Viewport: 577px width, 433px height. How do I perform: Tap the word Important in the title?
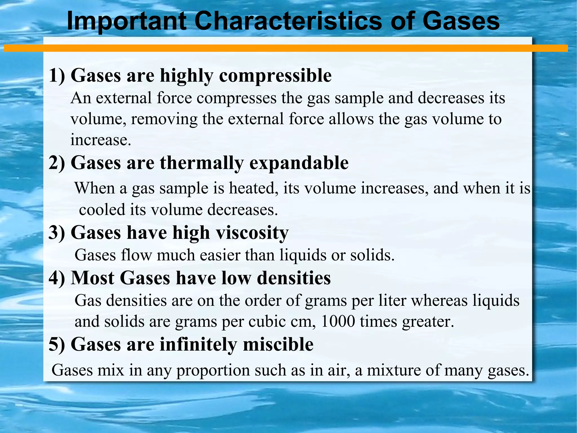(x=127, y=22)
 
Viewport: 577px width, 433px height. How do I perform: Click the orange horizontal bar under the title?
(x=286, y=48)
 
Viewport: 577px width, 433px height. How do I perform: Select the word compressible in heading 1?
(x=275, y=76)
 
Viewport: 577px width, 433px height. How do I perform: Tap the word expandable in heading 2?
(x=299, y=163)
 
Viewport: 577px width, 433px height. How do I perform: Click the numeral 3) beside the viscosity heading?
(x=57, y=233)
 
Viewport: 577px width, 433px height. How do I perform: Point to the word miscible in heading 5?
(x=278, y=344)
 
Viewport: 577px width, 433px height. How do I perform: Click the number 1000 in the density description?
(x=338, y=321)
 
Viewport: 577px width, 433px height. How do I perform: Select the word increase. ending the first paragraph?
(x=101, y=140)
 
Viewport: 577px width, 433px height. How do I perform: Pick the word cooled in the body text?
(x=102, y=210)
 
